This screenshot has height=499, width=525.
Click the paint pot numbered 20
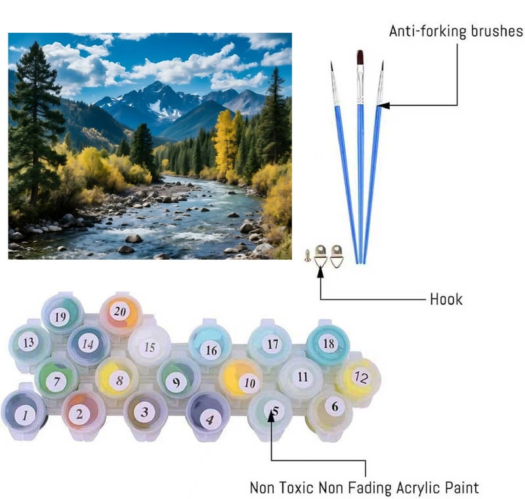click(x=121, y=313)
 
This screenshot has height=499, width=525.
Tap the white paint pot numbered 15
click(x=149, y=346)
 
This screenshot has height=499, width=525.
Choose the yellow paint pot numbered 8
click(x=117, y=378)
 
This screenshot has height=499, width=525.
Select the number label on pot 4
click(x=209, y=420)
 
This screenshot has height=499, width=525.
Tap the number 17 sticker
click(x=272, y=344)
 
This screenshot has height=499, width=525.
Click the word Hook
click(x=446, y=299)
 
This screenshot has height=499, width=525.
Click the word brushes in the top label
click(x=497, y=31)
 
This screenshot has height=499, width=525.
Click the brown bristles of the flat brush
click(x=360, y=57)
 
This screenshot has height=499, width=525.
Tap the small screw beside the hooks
click(x=308, y=256)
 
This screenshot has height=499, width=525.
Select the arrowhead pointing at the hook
click(x=320, y=272)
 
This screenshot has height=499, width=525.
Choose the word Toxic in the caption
click(x=296, y=487)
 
